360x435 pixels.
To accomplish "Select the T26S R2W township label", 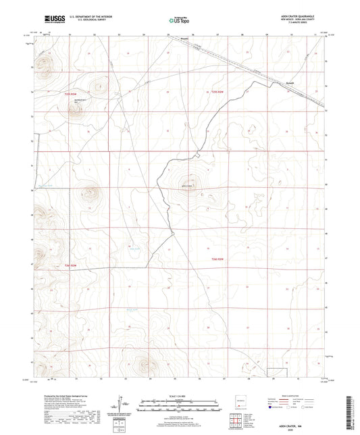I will (216, 259).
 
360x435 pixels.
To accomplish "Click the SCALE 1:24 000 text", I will (180, 396).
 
